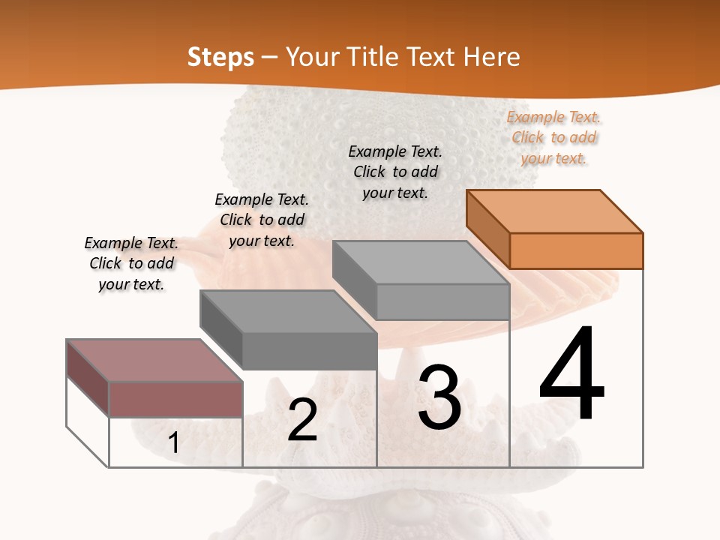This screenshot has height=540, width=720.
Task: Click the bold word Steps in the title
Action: point(220,57)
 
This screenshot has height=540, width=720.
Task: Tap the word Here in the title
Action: point(492,57)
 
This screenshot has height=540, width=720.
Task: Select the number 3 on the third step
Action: point(439,397)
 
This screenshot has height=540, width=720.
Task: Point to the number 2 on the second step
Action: point(303,420)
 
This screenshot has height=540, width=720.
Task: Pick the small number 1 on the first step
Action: point(174,443)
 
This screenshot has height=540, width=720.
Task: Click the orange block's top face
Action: point(555,211)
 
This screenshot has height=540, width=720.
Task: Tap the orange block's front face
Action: point(576,250)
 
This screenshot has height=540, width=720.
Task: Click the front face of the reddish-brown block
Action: point(175,399)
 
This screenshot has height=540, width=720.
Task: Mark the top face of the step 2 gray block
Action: point(288,311)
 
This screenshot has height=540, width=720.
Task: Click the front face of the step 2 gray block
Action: point(309,351)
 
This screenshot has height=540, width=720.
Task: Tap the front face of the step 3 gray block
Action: point(442,301)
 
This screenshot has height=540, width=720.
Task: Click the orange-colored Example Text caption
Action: point(554,138)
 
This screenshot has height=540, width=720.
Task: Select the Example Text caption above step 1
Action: point(131,263)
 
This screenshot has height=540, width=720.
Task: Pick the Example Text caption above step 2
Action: point(262,220)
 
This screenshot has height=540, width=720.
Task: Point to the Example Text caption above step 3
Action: point(395,172)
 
